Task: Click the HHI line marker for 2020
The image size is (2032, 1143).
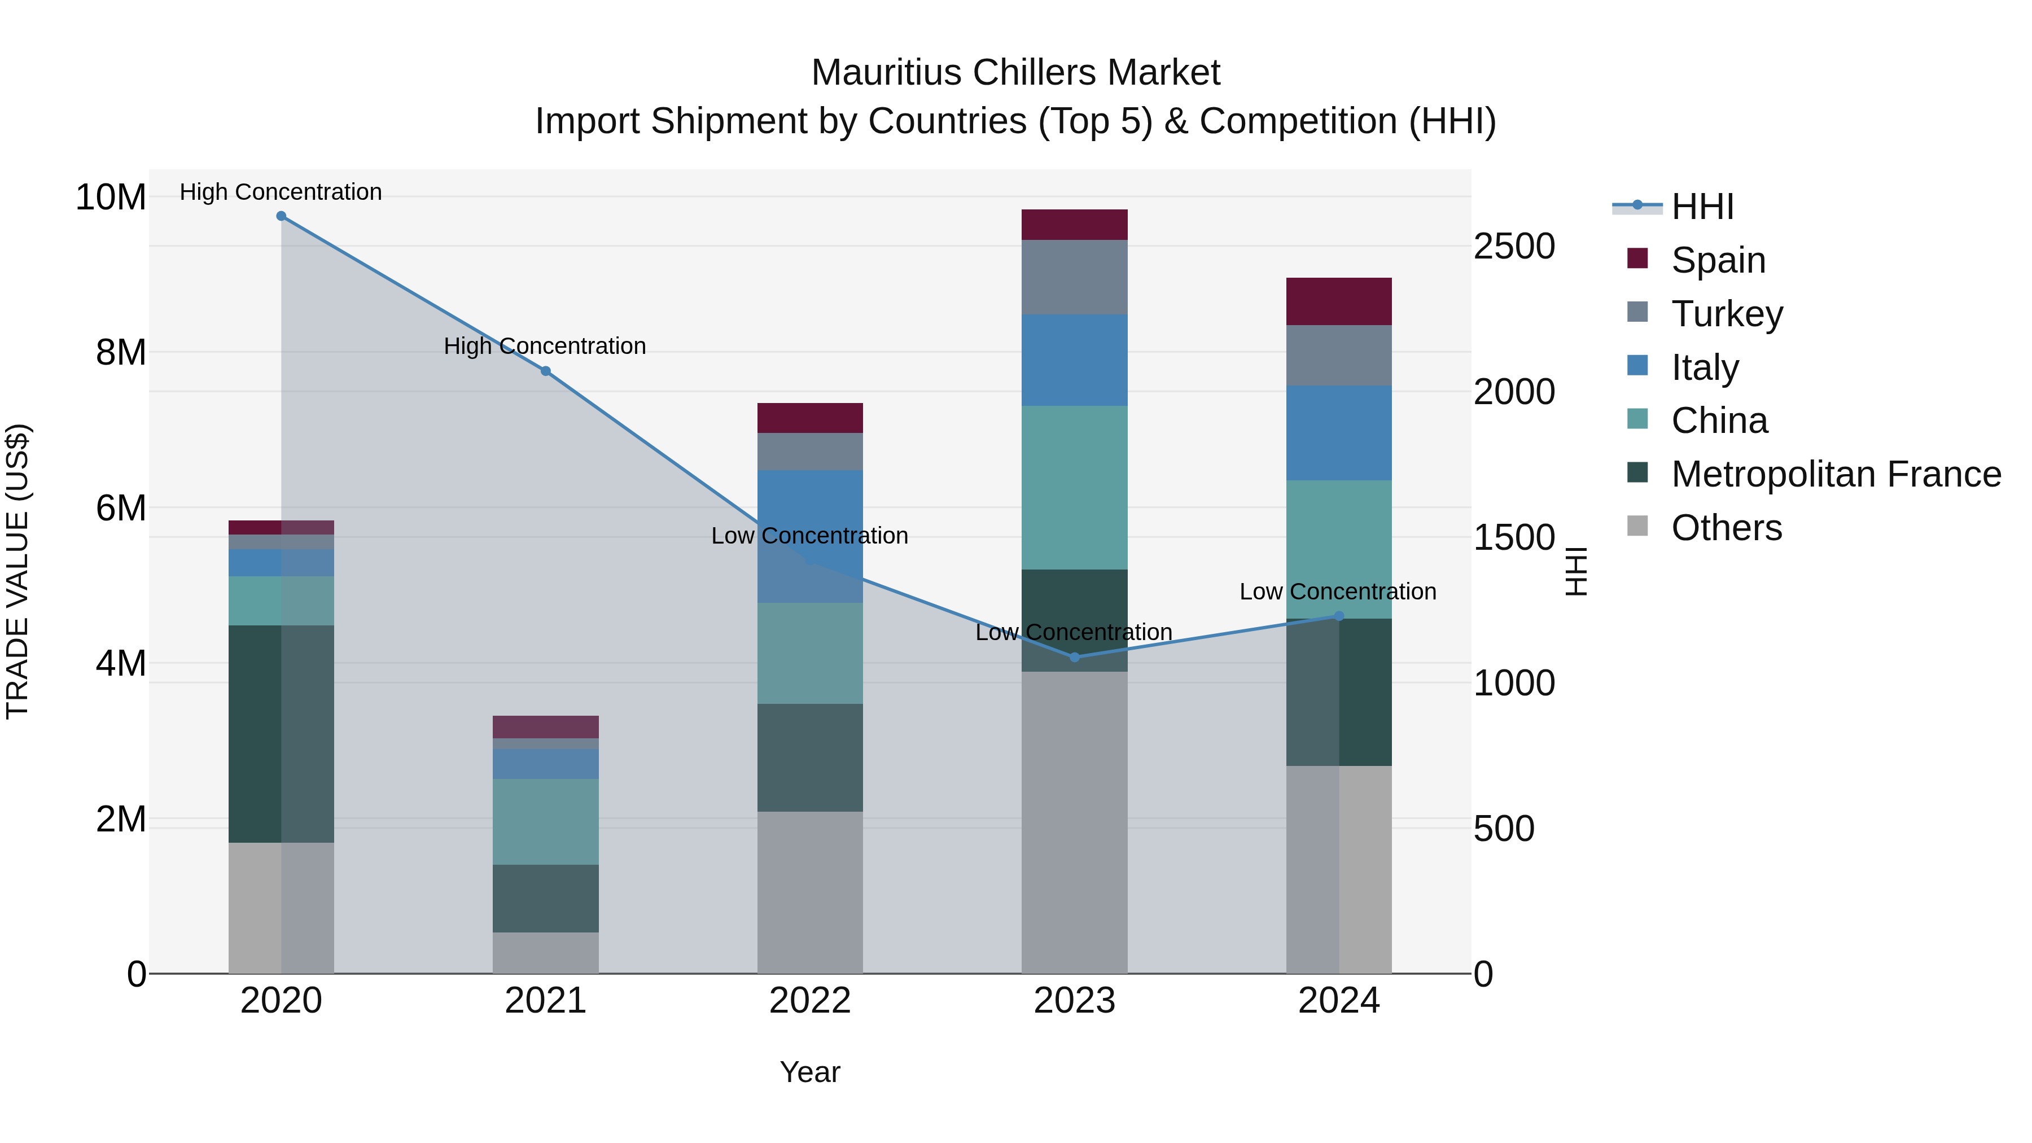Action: pos(281,216)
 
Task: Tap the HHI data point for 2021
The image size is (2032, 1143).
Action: pos(545,371)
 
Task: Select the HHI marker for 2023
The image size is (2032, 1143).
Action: pos(1074,657)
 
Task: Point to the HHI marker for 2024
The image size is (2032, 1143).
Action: pos(1339,616)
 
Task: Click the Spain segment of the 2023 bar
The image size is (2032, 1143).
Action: pos(1074,225)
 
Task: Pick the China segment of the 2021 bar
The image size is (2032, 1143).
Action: pos(545,821)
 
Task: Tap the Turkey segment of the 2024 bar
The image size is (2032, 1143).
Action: pos(1339,355)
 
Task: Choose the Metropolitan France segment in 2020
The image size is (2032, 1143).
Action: pos(281,734)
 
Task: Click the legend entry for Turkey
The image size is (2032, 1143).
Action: pos(1726,314)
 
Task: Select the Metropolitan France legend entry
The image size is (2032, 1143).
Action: pos(1835,474)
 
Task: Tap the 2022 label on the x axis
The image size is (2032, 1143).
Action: pos(810,1001)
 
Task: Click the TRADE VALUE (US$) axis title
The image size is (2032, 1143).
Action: pos(18,571)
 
